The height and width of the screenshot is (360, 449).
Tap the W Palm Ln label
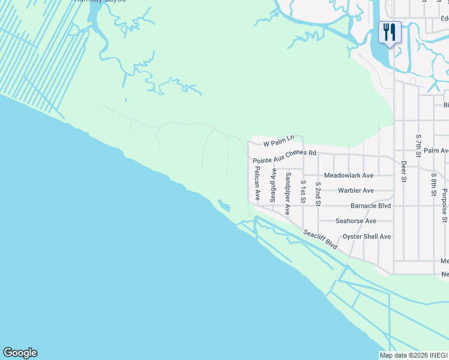[279, 141]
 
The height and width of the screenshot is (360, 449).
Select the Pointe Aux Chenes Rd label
[284, 157]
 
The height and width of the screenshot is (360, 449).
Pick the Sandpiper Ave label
[288, 193]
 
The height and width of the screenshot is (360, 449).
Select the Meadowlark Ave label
[348, 176]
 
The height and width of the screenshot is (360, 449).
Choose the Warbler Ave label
[356, 191]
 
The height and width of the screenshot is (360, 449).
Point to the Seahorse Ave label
[355, 221]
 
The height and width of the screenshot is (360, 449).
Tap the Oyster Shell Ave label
[366, 236]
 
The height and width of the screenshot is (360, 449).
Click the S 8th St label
[433, 185]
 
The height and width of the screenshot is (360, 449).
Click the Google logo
[20, 353]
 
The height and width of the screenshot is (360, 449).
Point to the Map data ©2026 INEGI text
[414, 355]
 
